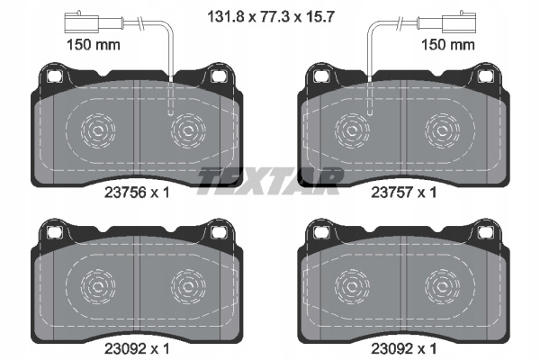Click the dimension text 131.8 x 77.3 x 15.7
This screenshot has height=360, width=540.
[x=271, y=16]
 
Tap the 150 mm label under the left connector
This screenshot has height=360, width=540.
[x=94, y=45]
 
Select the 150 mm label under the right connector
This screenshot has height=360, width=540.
[x=448, y=45]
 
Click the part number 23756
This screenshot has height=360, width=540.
[x=125, y=193]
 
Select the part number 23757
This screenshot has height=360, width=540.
[x=391, y=193]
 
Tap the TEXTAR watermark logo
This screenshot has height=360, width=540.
[x=270, y=181]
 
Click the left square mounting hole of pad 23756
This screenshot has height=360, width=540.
[x=54, y=76]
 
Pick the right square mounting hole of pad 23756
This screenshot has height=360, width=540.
[x=218, y=76]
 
